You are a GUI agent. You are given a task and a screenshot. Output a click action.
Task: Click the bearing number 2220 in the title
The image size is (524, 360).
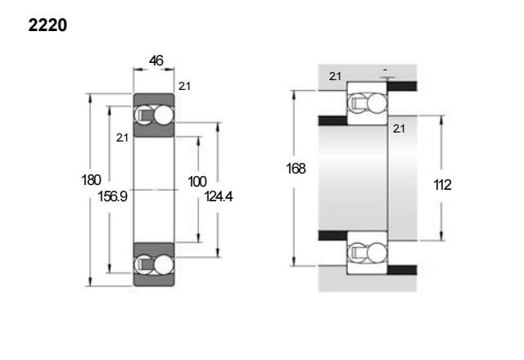click(47, 25)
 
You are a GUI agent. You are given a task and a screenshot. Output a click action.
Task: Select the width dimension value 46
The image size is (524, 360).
click(156, 61)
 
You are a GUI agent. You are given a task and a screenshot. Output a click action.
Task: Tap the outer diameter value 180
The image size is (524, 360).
click(91, 180)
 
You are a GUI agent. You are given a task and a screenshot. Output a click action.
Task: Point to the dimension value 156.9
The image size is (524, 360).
click(113, 196)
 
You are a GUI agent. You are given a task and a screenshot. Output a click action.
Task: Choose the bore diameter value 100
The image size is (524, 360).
click(197, 182)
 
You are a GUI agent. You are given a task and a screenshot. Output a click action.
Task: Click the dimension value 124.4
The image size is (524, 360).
click(219, 196)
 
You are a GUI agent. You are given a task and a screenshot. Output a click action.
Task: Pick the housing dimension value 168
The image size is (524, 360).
click(296, 169)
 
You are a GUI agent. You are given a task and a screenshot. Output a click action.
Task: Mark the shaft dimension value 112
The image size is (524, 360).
click(442, 185)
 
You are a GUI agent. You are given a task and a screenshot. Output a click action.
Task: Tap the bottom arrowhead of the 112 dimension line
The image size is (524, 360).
click(441, 236)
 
